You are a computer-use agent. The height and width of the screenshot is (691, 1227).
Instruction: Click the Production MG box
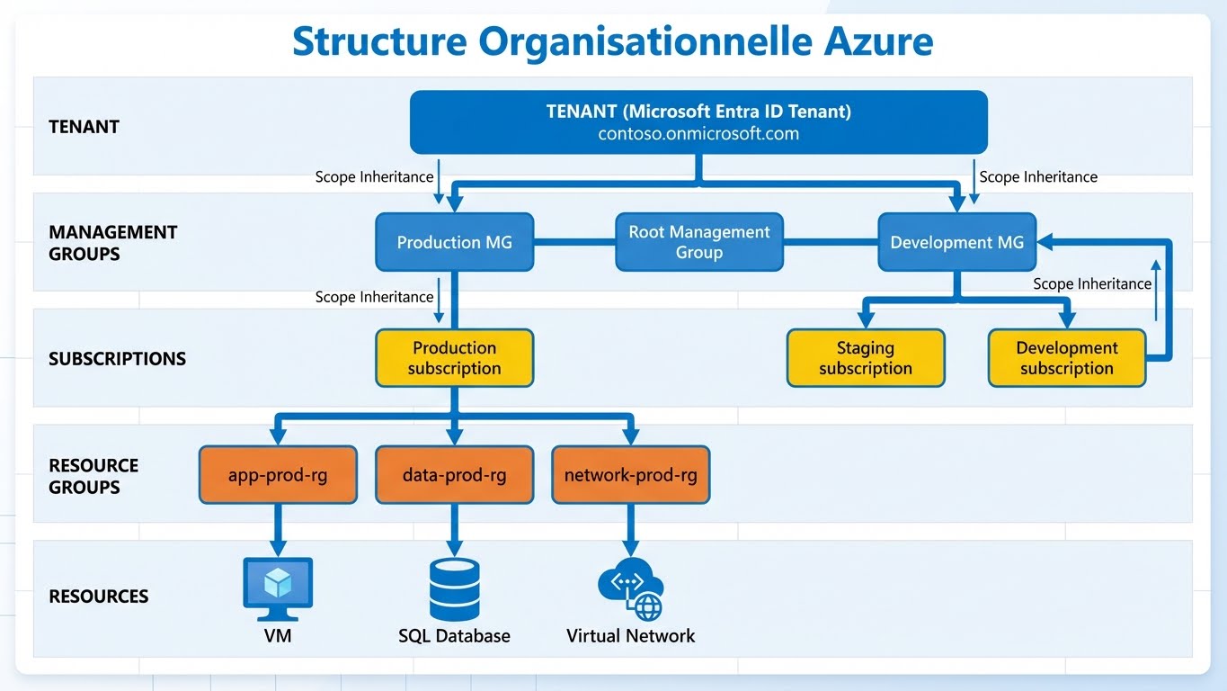coord(454,242)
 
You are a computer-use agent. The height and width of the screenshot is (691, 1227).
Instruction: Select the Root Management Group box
coord(698,242)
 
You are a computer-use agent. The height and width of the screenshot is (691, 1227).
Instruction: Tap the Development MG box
coord(956,242)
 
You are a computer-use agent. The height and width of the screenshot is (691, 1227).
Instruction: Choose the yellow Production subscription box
coord(454,358)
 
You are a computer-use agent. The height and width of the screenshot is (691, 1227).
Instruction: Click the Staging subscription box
coord(865,358)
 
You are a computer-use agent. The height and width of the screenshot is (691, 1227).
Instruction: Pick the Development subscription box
coord(1066,358)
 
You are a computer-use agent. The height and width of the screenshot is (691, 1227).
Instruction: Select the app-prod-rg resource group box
coord(278,474)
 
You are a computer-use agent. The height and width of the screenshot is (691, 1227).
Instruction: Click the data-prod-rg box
coord(454,474)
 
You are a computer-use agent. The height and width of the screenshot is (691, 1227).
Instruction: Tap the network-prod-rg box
coord(630,474)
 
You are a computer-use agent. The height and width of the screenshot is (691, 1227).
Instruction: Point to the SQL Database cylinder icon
coord(454,588)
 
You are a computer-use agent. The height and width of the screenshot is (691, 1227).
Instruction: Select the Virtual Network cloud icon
coord(630,589)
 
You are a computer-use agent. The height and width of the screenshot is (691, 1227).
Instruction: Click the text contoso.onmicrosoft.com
coord(698,134)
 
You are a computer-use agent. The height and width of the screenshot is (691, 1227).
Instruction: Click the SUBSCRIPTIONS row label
coord(117,358)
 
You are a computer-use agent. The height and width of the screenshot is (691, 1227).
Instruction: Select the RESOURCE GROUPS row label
coord(93,476)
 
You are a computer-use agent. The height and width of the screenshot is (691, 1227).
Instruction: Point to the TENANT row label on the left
coord(84,127)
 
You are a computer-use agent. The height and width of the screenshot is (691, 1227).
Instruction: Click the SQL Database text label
coord(454,636)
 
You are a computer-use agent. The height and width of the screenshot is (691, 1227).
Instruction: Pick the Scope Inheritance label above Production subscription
coord(374,297)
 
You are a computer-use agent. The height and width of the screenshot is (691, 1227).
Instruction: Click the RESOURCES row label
coord(98,596)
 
